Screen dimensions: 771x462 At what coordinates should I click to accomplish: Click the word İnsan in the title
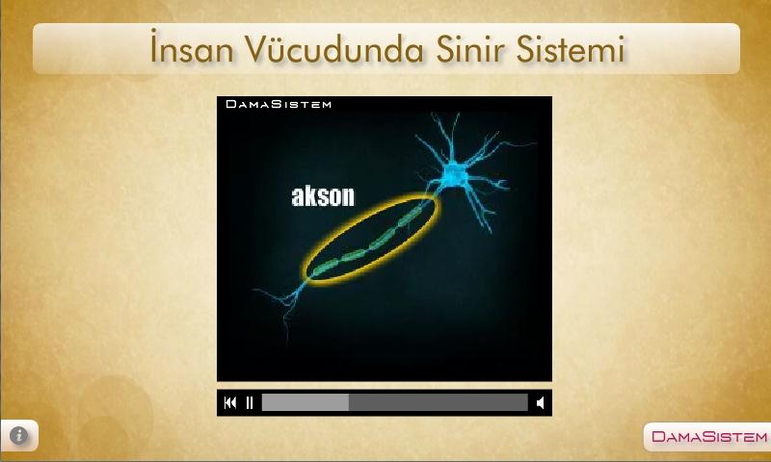192,48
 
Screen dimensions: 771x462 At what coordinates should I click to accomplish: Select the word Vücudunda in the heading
333,48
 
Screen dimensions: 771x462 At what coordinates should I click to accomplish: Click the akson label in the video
323,196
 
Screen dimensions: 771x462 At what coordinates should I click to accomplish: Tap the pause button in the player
250,402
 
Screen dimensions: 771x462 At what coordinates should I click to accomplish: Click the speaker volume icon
540,402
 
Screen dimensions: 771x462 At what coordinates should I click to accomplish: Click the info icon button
18,435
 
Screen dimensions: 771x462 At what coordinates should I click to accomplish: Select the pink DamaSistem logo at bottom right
709,436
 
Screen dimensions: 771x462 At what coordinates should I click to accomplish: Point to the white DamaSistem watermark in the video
279,104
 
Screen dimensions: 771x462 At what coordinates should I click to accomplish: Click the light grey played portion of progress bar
306,402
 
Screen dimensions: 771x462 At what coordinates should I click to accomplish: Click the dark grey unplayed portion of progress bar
439,402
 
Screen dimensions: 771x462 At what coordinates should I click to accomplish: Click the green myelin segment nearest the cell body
411,217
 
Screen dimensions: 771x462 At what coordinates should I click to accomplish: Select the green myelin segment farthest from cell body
325,268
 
